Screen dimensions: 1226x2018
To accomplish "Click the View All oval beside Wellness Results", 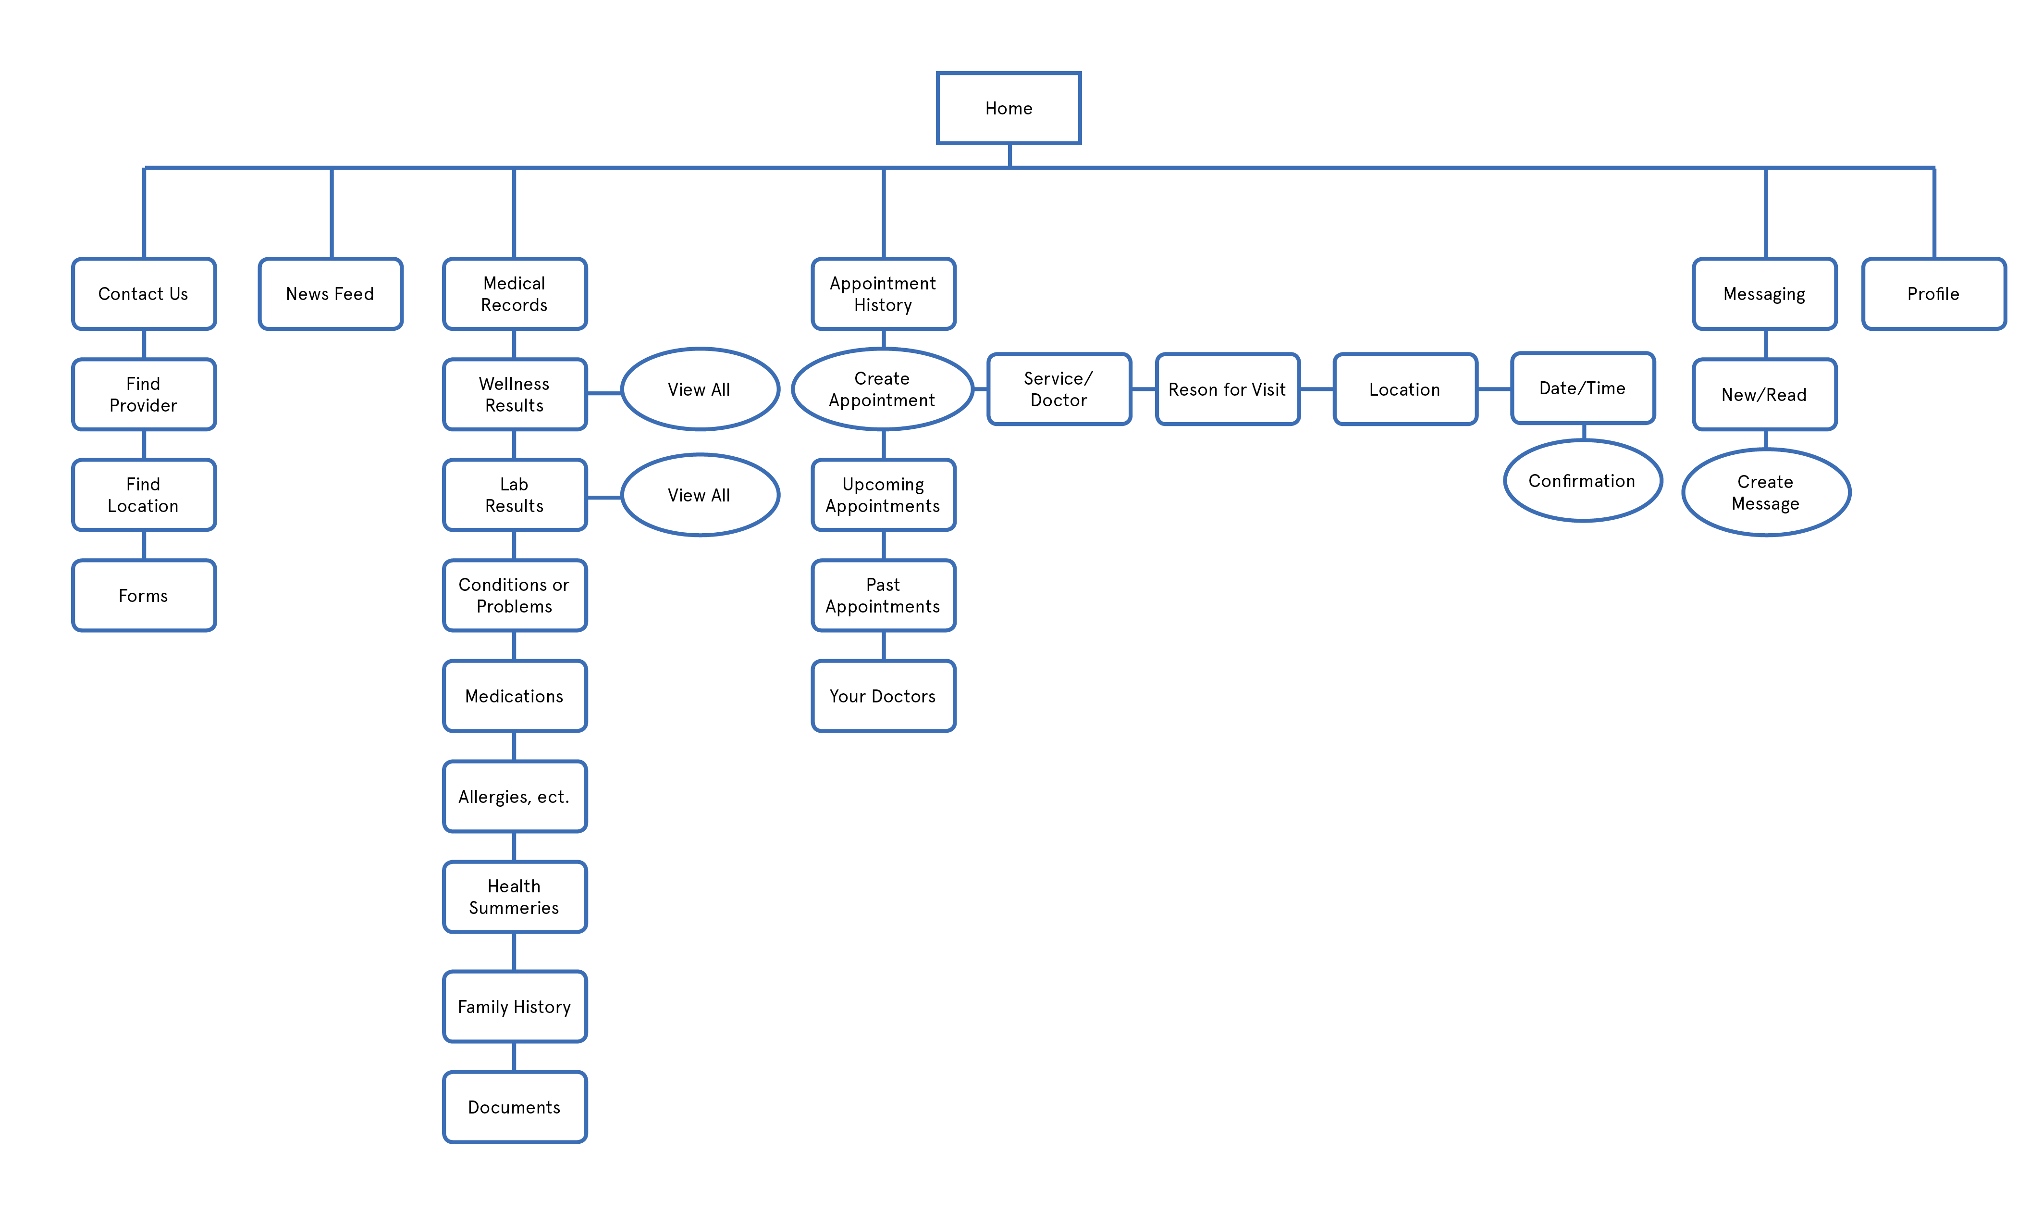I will click(700, 389).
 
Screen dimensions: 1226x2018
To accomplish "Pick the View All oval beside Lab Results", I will click(700, 495).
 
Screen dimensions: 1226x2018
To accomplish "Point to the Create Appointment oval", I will click(882, 389).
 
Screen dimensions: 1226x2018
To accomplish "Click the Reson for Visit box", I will click(1227, 389).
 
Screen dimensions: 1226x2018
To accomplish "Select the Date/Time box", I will click(1582, 388).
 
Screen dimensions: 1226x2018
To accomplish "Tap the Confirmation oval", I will click(1582, 481).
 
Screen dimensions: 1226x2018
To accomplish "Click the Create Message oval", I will click(1766, 492).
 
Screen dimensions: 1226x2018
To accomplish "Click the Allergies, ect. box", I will click(514, 797).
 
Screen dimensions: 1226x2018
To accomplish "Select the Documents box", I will click(514, 1107).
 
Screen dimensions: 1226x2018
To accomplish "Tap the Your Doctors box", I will click(883, 696).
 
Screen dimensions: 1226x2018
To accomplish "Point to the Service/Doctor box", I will click(1059, 389).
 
